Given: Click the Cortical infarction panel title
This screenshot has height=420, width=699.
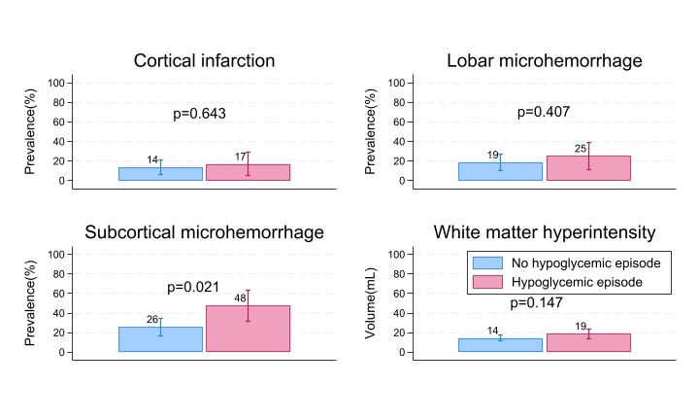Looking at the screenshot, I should pos(204,61).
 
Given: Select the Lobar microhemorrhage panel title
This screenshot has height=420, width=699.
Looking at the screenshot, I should pos(544,61).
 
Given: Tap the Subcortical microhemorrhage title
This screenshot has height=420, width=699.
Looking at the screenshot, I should pos(204,233).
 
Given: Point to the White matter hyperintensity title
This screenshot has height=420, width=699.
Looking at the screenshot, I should pos(544,233).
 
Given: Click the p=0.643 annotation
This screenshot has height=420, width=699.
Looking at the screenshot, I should pos(199,114).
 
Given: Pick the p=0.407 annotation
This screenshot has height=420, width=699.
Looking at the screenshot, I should pos(543,112).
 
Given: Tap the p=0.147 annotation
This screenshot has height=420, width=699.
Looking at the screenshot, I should pos(537,303).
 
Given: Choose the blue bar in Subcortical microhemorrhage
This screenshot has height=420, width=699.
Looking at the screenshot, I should pos(160,339).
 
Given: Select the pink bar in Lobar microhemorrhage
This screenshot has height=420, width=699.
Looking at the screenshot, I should pos(588,168).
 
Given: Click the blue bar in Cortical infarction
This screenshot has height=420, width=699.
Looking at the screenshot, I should pos(160,174).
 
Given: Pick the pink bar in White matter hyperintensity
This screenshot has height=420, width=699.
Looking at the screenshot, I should pos(588,343).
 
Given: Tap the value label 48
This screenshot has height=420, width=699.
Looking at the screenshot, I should pos(240,298).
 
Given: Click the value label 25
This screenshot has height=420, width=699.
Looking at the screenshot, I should pos(581,149).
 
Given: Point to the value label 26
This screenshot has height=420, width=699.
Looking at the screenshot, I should pos(152,320).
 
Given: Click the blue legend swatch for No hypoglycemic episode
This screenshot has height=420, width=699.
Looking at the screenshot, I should pos(487,263).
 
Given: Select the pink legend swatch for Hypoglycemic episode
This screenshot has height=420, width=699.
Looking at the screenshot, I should pos(487,282).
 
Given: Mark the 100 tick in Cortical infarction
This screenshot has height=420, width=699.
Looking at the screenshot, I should pos(55,83).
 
